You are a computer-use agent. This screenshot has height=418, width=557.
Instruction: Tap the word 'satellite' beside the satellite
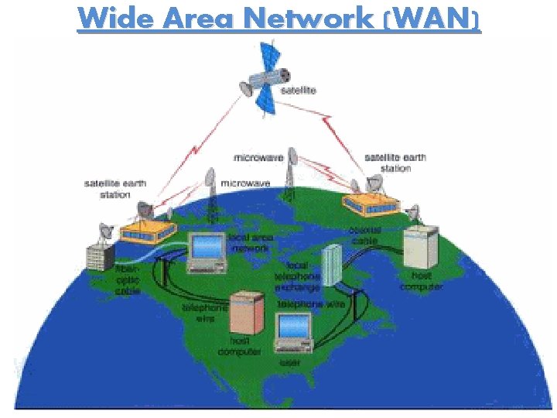click(x=297, y=91)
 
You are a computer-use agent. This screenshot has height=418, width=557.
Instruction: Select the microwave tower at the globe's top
click(x=292, y=172)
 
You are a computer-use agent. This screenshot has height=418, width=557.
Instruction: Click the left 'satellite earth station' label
click(x=114, y=189)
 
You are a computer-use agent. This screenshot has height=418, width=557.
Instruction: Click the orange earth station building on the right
click(x=371, y=203)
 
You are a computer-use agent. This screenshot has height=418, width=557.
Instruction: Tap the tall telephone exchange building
click(x=330, y=263)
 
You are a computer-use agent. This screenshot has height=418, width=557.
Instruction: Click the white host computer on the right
click(x=419, y=246)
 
